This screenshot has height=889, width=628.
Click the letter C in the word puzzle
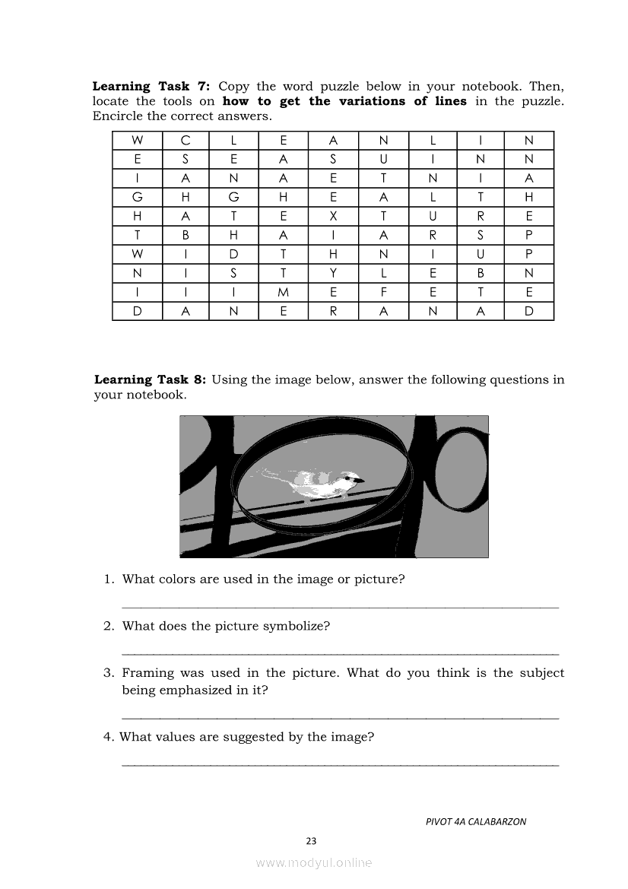coord(186,140)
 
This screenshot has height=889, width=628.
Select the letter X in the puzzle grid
coord(333,216)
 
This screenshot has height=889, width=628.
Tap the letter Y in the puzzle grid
coord(333,273)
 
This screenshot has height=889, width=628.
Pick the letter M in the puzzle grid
coord(283,292)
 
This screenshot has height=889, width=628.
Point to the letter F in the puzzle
coord(384,292)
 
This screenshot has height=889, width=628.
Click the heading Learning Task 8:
coord(150,379)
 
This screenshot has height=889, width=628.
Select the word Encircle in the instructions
coord(117,116)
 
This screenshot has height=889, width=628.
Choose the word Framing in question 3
coord(147,673)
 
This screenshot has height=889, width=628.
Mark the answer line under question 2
coord(340,653)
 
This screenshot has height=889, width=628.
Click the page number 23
coord(311,840)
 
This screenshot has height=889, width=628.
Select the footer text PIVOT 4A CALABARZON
coord(476,821)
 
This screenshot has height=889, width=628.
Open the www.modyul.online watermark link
coord(314,863)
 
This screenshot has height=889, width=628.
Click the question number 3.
coord(109,673)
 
